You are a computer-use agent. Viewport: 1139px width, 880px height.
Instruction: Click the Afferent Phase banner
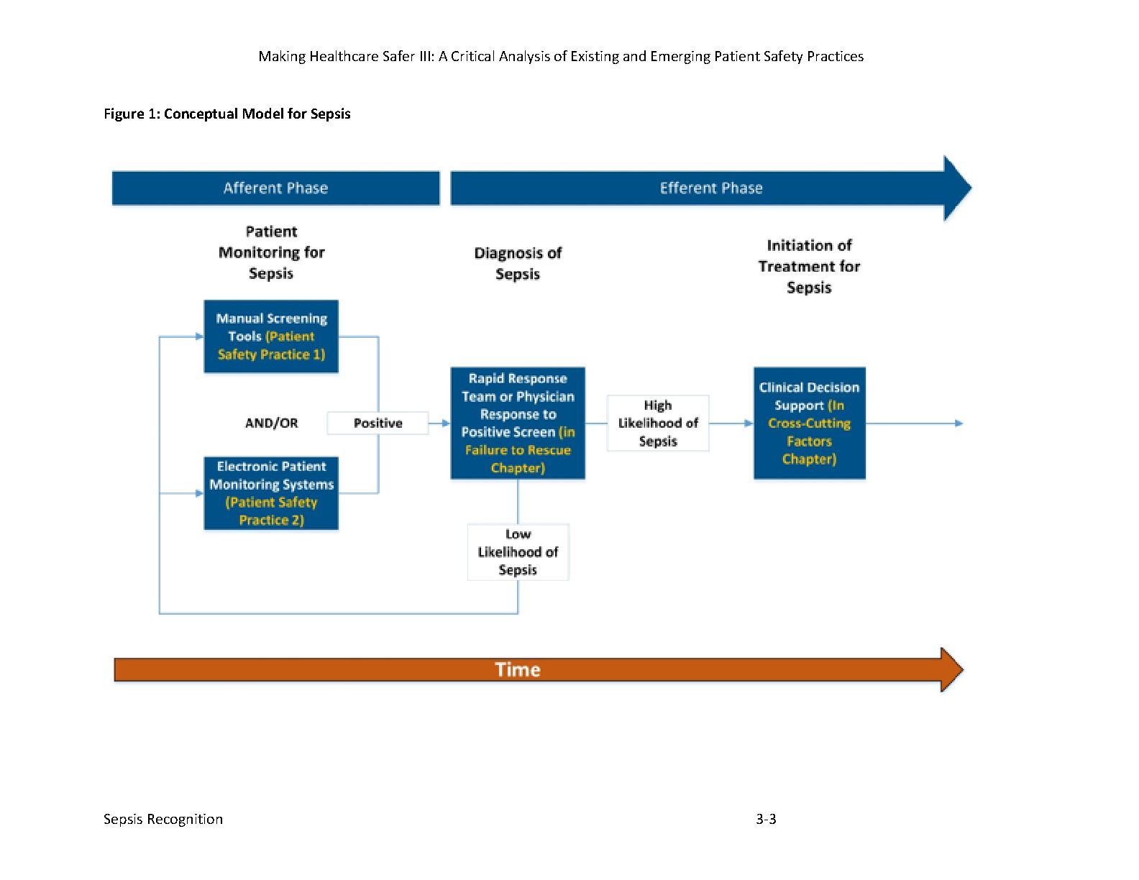[275, 188]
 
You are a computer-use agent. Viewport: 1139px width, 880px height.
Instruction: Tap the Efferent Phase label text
[710, 188]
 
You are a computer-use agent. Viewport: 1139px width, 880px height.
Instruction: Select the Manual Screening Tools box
[271, 336]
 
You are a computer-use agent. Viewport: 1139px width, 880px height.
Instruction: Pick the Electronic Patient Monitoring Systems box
[271, 492]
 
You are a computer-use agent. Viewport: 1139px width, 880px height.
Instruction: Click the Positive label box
[378, 423]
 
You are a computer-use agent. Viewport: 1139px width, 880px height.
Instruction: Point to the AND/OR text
[272, 423]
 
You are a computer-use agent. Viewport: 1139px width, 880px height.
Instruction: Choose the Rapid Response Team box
[518, 423]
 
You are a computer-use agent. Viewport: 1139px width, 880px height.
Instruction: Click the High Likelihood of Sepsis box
[658, 423]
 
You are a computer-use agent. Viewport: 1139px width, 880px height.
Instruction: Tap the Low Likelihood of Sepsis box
[518, 552]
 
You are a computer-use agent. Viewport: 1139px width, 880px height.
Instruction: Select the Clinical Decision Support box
[809, 423]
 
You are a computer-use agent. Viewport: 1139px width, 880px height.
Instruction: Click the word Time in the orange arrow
[517, 669]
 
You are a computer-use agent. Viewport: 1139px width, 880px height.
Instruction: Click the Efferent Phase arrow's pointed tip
[971, 188]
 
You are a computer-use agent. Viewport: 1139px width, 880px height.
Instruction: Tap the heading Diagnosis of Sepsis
[518, 263]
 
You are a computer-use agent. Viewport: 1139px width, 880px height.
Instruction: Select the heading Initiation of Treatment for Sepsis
[809, 266]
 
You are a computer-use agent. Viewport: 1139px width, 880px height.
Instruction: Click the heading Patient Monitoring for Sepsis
[272, 252]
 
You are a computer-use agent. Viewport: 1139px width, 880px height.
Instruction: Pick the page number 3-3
[766, 819]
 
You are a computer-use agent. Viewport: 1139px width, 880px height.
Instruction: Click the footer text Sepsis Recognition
[163, 819]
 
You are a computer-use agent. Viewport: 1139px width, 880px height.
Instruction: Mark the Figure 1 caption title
[227, 114]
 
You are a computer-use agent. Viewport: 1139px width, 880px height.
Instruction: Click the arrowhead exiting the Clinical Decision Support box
[959, 423]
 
